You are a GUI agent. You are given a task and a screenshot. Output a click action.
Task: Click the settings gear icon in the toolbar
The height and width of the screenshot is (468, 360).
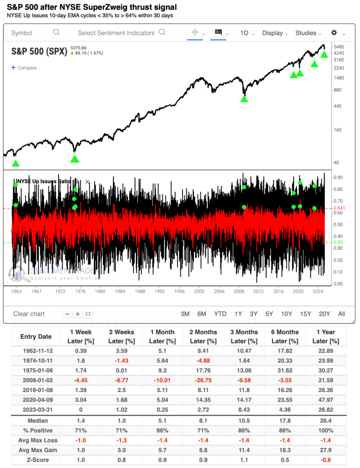tap(334, 32)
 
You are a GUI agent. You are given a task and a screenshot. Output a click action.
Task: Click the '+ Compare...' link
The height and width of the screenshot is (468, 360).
tap(26, 68)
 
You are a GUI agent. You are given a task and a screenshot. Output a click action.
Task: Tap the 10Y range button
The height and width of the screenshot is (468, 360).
tap(286, 313)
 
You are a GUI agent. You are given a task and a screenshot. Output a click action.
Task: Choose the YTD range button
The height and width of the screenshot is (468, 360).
tap(220, 313)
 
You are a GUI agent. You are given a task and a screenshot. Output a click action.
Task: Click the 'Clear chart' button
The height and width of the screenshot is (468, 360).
tap(29, 313)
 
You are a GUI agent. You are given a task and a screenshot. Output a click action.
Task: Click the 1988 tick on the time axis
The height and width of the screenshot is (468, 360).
tap(140, 291)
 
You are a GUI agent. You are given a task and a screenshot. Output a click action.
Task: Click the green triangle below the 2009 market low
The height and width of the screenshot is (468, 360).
tap(244, 98)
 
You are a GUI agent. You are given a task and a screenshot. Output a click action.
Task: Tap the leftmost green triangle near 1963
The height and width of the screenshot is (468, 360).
tap(16, 163)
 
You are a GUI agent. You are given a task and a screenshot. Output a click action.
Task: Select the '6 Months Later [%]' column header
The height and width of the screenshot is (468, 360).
tap(285, 336)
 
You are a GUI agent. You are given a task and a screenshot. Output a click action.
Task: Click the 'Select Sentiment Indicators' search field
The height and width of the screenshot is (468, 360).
tap(121, 33)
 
